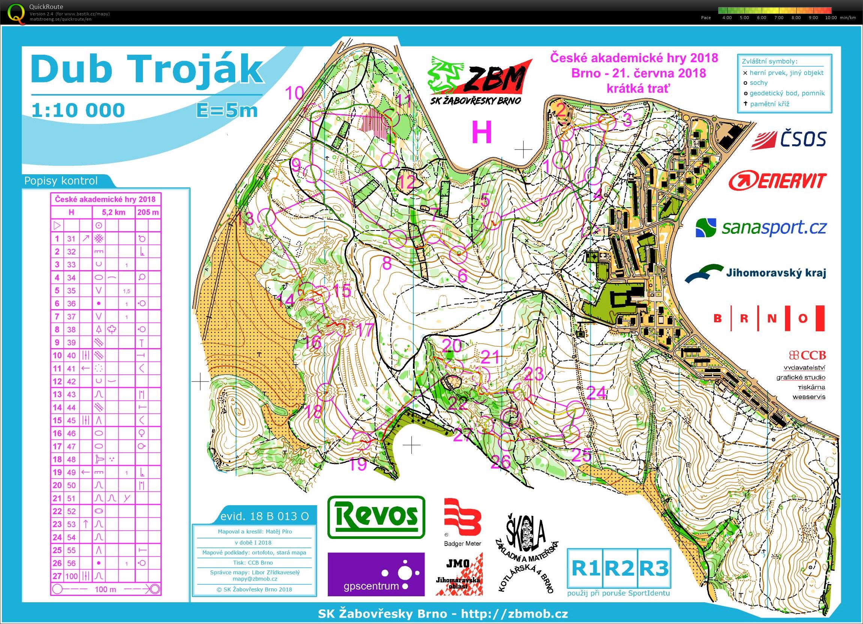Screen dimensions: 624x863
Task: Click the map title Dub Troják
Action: [147, 69]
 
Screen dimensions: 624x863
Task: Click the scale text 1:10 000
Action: [78, 110]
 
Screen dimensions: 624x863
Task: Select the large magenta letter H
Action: [482, 132]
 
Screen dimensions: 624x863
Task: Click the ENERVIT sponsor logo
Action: [777, 181]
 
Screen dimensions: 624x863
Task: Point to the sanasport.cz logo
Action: [761, 227]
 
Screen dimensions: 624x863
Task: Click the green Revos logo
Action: [376, 517]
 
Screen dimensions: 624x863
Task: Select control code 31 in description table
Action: [71, 239]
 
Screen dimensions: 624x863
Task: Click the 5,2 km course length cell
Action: [113, 212]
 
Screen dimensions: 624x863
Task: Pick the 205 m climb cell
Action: [148, 212]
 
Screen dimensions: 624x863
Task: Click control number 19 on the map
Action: [357, 464]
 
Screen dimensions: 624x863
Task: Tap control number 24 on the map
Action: [596, 392]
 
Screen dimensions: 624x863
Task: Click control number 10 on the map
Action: [294, 93]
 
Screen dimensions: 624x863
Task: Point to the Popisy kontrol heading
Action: [61, 181]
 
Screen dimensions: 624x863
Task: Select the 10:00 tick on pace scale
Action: [831, 18]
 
